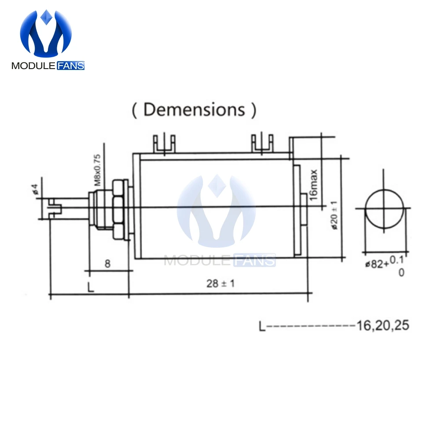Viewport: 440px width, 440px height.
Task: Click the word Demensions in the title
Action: pyautogui.click(x=194, y=109)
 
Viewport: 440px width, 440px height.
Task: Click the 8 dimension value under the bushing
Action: pyautogui.click(x=107, y=264)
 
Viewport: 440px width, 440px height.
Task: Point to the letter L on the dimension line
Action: pyautogui.click(x=90, y=288)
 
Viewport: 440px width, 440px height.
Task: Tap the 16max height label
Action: pyautogui.click(x=314, y=184)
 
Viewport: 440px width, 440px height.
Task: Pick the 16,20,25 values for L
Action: pyautogui.click(x=383, y=326)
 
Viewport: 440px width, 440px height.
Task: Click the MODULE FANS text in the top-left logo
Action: pyautogui.click(x=48, y=66)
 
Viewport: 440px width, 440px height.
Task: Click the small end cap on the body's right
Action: pyautogui.click(x=304, y=209)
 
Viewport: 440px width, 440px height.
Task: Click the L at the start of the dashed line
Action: pyautogui.click(x=262, y=326)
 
